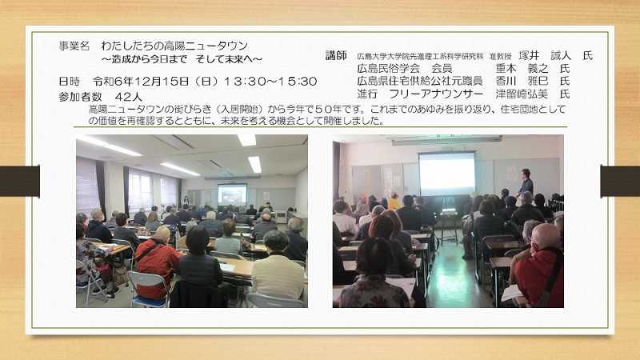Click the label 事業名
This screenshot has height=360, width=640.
point(74,46)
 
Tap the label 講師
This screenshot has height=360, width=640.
point(336,55)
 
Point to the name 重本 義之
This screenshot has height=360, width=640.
point(522,68)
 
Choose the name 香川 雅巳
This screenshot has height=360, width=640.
point(522,81)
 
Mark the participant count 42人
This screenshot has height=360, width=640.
point(129,97)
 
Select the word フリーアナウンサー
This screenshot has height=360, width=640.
point(436,94)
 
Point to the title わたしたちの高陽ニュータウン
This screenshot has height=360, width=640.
point(174,46)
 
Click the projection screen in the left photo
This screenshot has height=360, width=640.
point(232,194)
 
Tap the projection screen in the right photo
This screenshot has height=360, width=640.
point(447,174)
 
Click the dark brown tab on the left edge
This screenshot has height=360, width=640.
point(19,181)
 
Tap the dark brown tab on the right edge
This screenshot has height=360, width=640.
point(620,181)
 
